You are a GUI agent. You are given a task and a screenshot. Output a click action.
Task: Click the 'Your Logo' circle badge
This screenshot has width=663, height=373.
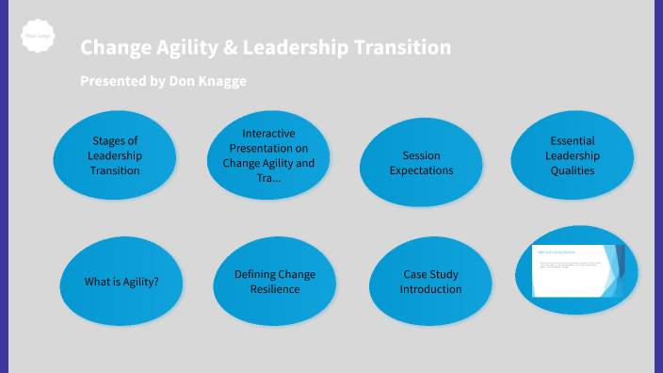[x=38, y=37]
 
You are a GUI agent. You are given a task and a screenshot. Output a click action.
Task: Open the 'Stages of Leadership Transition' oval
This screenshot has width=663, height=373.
[x=115, y=156]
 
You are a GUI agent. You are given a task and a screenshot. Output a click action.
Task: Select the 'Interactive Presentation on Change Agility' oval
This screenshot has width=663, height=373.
[x=268, y=156]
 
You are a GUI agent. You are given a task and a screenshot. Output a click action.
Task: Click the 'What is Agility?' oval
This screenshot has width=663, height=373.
[x=121, y=282]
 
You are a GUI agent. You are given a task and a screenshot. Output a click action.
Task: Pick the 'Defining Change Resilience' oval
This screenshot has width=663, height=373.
[x=274, y=282]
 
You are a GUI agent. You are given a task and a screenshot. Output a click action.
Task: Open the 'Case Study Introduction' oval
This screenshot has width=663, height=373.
[x=430, y=282]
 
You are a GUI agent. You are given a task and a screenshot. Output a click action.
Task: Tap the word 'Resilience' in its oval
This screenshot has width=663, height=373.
[x=275, y=289]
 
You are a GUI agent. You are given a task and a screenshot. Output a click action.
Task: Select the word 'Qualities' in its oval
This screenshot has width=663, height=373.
[x=573, y=171]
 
